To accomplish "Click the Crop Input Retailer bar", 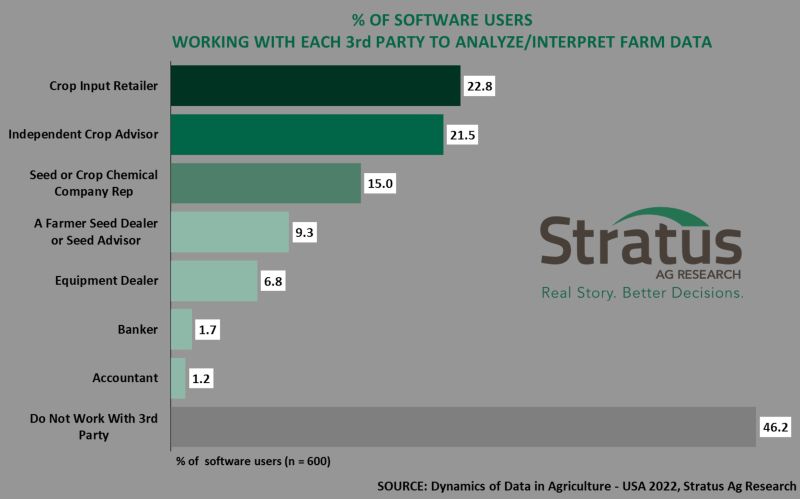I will tap(315, 86).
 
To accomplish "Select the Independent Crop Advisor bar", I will tap(307, 134).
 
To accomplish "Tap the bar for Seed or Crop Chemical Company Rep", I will tap(266, 183).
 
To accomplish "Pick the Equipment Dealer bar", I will tap(214, 281).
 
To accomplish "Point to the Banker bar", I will tap(181, 329).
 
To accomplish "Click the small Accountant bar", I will tap(178, 378).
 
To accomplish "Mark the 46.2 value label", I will tap(775, 427).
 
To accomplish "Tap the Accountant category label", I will tap(127, 378).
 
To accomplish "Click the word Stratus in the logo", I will tap(640, 244).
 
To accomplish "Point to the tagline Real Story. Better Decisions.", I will tap(642, 294).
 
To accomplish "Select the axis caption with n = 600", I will tap(253, 461).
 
